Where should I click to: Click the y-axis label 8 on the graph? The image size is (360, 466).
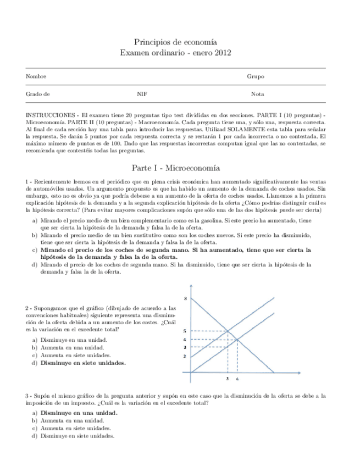(x=185, y=298)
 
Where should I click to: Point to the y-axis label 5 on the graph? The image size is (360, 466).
(x=185, y=331)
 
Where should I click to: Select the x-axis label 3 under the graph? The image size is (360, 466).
(x=228, y=379)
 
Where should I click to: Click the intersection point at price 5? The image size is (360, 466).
(x=228, y=331)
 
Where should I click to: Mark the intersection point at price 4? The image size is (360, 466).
(x=237, y=339)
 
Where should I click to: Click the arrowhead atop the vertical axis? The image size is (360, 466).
(x=191, y=287)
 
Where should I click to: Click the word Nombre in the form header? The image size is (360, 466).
(x=36, y=76)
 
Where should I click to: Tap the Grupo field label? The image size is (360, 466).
(x=255, y=76)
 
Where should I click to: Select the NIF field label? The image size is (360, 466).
(x=142, y=94)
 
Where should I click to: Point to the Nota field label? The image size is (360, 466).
(x=257, y=94)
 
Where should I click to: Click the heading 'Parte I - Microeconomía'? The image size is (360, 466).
(x=175, y=167)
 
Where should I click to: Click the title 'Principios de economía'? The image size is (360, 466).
(x=175, y=42)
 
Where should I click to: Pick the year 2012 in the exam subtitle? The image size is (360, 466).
(x=223, y=53)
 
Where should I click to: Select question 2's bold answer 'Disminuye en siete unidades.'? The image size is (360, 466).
(x=82, y=363)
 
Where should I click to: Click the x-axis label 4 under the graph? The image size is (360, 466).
(x=237, y=379)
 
